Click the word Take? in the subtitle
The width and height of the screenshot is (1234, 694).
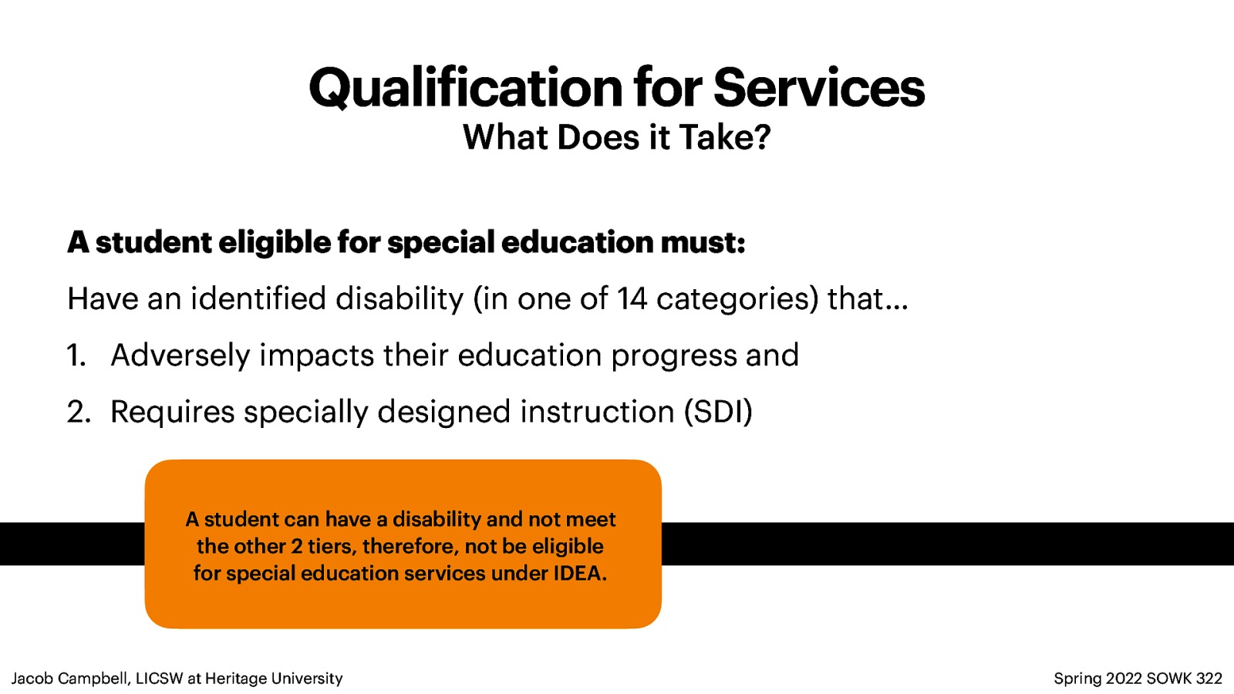[724, 138]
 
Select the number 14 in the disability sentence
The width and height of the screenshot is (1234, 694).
[632, 299]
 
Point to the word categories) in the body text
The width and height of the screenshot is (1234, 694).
[737, 299]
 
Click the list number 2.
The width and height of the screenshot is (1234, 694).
[78, 413]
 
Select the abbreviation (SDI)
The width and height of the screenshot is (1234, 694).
[718, 413]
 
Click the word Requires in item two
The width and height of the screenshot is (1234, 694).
[172, 413]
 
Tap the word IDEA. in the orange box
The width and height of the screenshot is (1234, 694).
[579, 574]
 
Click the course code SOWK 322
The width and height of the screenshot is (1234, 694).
[1184, 679]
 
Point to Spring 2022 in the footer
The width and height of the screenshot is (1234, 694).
[1097, 679]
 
